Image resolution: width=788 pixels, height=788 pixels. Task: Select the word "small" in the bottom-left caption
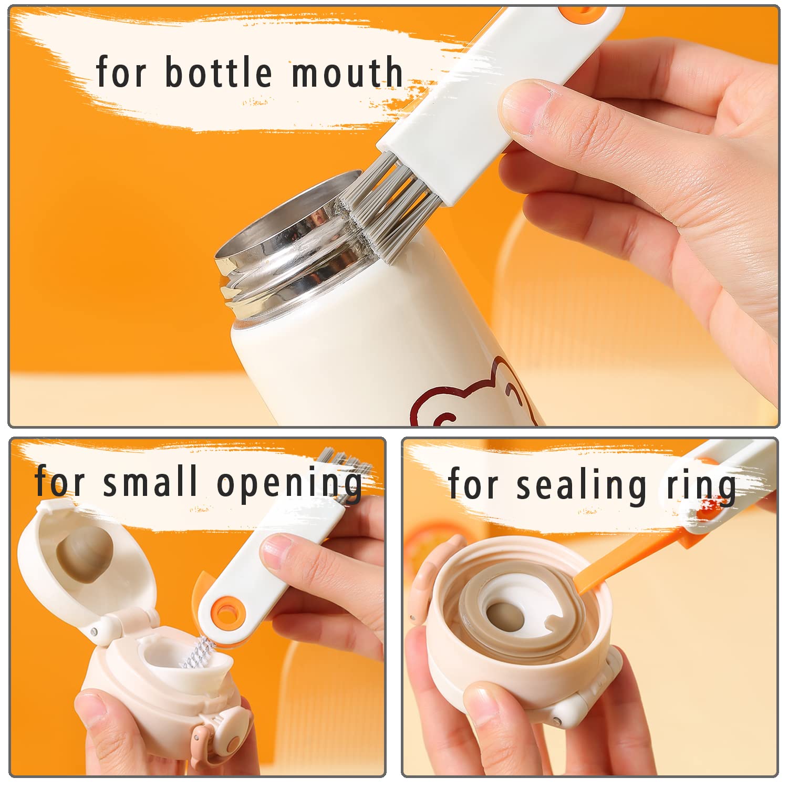tap(151, 480)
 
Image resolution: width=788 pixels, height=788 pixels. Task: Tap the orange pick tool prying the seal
tap(630, 562)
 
